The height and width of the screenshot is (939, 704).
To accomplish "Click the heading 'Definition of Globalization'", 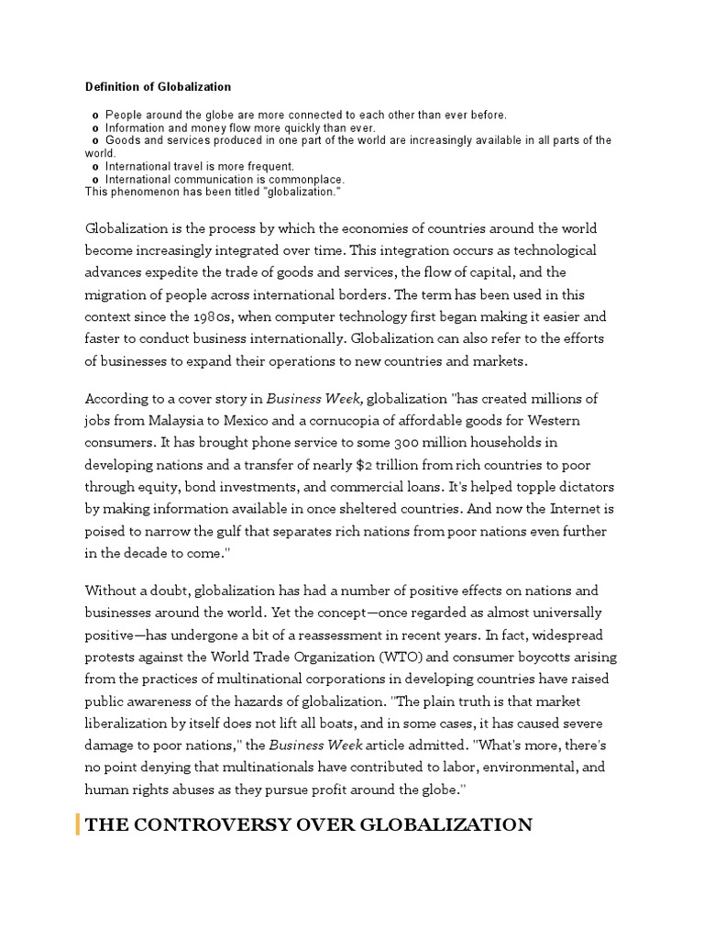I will (158, 87).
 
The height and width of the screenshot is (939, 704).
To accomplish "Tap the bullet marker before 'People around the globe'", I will (96, 116).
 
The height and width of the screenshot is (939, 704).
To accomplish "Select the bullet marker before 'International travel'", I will (96, 167).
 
